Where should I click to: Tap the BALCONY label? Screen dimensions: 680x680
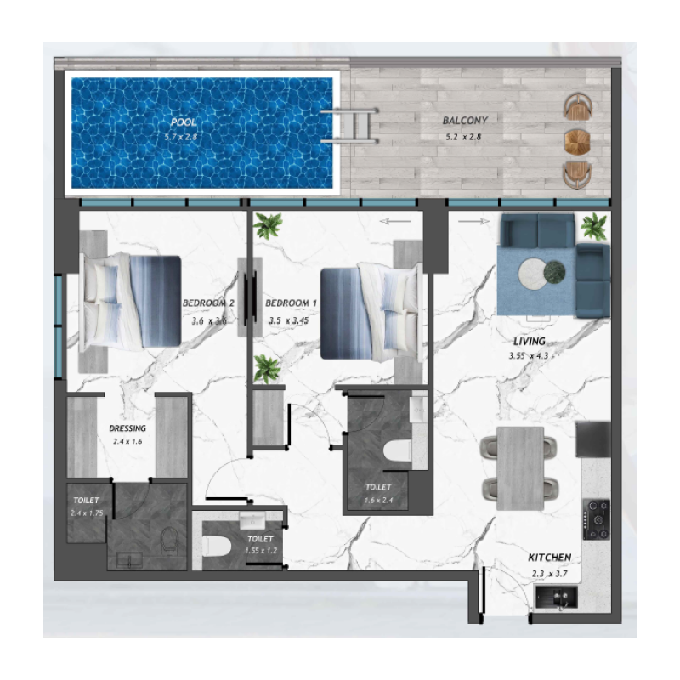tap(464, 122)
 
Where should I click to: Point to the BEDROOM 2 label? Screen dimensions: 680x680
tap(207, 303)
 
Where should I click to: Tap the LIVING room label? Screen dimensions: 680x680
tap(517, 340)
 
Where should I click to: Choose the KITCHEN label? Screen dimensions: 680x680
tap(549, 558)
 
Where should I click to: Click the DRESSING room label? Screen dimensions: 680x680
tap(127, 428)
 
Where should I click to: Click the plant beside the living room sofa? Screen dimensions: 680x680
tap(594, 227)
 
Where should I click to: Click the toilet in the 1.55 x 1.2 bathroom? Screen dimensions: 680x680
tap(216, 550)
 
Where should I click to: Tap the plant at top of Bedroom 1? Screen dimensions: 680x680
tap(269, 226)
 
